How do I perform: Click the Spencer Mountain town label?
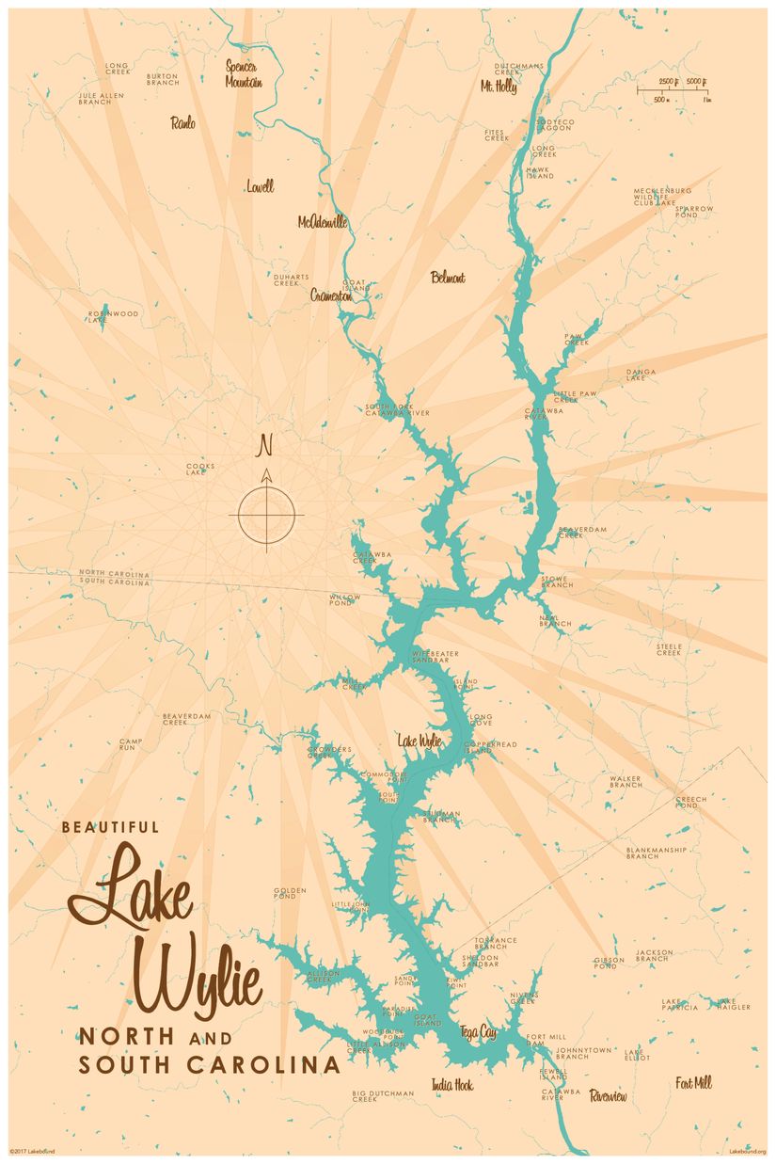point(243,74)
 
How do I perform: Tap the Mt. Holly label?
point(499,86)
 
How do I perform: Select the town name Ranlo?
point(183,123)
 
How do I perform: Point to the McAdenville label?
point(323,222)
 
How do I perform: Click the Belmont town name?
point(448,278)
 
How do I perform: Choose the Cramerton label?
point(331,295)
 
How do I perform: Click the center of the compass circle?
point(266,515)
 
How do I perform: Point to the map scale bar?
point(673,90)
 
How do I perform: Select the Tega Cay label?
point(478,1032)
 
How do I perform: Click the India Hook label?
point(452,1085)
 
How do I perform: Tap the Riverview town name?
point(608,1096)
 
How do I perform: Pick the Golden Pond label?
point(291,894)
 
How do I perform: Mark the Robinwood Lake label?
point(113,316)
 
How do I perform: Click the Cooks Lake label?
point(200,469)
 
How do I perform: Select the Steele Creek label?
point(669,649)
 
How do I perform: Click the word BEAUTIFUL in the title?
point(110,828)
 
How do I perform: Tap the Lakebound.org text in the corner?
point(748,1151)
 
